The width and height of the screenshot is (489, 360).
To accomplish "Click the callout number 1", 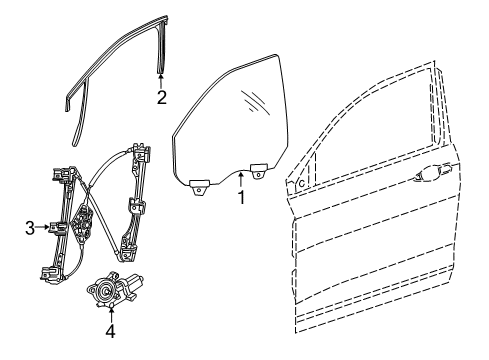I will tap(241, 199).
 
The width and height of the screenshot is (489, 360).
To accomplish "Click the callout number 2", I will tap(161, 97).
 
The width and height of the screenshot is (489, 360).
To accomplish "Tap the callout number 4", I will tap(111, 330).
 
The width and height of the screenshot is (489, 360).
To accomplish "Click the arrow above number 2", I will tap(161, 79).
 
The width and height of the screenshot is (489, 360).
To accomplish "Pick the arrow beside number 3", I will tap(47, 229).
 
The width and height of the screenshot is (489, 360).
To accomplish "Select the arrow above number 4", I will tap(111, 311).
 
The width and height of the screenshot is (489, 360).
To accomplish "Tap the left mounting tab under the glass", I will tap(197, 184).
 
